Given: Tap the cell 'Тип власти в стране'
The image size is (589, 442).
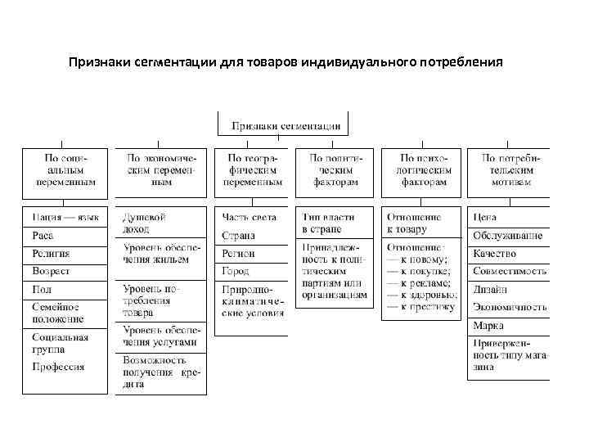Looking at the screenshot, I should coord(334,223).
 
